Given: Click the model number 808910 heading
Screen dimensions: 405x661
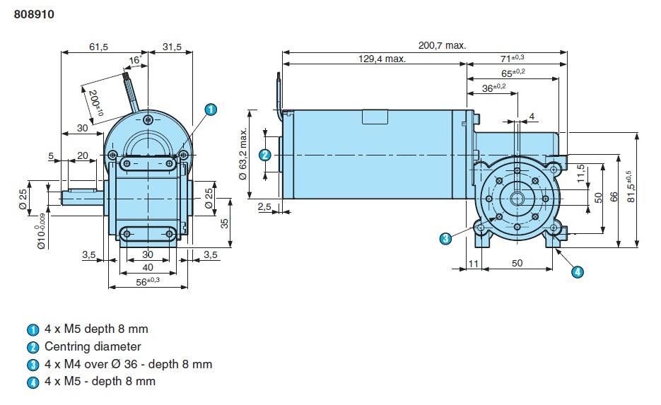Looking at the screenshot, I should click(35, 13).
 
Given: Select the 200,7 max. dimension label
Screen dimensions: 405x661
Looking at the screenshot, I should click(442, 45).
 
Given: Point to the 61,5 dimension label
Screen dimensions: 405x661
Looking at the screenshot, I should click(99, 47).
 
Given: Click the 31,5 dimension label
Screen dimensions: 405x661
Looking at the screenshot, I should click(172, 47).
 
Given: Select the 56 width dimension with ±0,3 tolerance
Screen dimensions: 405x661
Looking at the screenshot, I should click(148, 281).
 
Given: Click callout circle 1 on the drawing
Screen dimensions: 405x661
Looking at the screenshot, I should click(210, 110).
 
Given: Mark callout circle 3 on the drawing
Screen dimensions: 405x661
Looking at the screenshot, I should click(445, 238).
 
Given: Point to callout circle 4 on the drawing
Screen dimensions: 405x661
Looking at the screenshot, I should click(578, 271).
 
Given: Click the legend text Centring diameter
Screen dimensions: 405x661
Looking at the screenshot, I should click(93, 346).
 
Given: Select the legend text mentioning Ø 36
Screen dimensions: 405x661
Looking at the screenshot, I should click(128, 364).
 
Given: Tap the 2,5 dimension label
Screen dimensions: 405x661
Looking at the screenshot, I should click(265, 206).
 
